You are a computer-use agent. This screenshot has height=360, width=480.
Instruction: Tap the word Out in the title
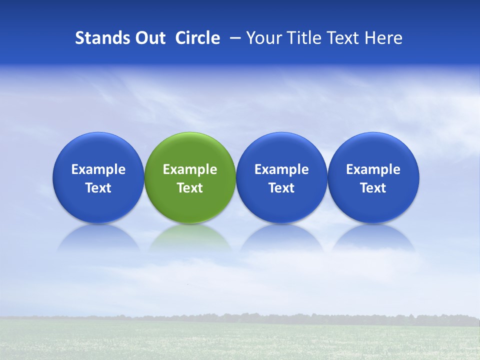(x=149, y=38)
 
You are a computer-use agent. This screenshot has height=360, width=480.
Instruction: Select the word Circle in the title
(x=197, y=38)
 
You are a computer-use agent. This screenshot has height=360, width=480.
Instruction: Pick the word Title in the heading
(x=301, y=38)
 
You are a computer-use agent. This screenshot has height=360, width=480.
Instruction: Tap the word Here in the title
(x=384, y=38)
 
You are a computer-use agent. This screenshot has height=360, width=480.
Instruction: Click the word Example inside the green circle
(x=190, y=170)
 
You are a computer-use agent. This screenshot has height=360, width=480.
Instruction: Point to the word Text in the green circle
(x=190, y=188)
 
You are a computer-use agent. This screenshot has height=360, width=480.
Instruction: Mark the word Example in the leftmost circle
(x=98, y=170)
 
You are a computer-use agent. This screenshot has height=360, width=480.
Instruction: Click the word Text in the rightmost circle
(x=373, y=188)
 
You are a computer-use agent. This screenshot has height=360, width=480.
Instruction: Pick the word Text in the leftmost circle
(x=98, y=188)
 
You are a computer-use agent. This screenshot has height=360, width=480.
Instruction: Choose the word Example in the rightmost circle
(x=373, y=170)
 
